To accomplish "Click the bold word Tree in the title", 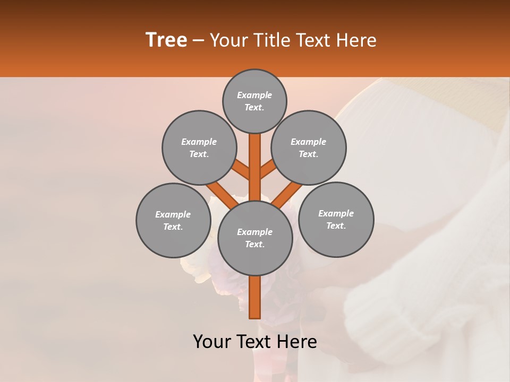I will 166,40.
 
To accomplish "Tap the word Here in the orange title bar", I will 358,40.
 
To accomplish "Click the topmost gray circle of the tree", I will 254,101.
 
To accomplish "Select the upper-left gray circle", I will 199,147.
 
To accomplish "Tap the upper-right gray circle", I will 309,147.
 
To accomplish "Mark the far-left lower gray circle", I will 173,220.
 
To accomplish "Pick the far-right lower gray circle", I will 336,219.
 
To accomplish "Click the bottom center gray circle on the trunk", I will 255,238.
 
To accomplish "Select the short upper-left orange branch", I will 241,171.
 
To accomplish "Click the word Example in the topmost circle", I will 254,95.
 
